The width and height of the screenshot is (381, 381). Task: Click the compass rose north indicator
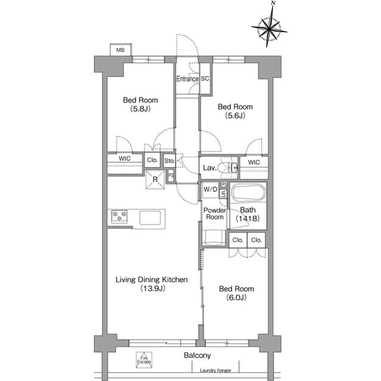[269, 29]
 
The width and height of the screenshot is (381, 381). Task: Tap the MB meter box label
[120, 50]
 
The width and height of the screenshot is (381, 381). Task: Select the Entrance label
[187, 79]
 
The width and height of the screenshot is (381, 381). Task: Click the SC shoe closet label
[205, 79]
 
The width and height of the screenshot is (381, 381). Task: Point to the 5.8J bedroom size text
[140, 109]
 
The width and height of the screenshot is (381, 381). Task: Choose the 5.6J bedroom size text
[235, 115]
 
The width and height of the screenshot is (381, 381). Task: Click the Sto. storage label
[169, 161]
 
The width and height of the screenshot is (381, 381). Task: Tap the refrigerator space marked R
[155, 179]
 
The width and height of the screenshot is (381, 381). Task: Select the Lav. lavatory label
[210, 168]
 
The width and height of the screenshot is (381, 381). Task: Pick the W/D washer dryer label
[210, 189]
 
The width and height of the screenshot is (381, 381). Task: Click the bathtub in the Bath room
[248, 192]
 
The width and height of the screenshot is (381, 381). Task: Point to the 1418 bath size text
[248, 218]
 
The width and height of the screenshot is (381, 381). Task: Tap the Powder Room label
[214, 213]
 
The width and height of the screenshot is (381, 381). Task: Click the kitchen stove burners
[119, 216]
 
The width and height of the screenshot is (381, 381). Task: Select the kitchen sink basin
[150, 218]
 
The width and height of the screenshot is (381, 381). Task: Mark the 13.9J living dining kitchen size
[153, 289]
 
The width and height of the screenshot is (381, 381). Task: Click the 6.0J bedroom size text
[236, 298]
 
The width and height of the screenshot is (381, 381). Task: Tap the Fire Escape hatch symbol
[144, 360]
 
